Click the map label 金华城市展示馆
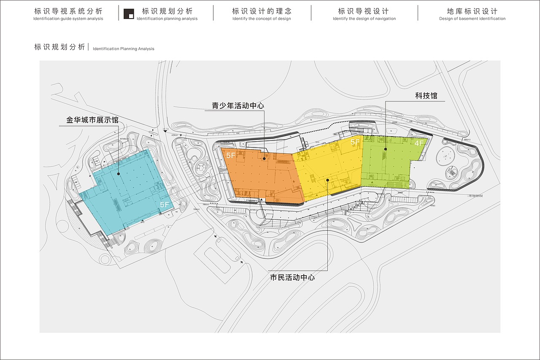pyautogui.click(x=92, y=120)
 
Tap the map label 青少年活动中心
pyautogui.click(x=238, y=105)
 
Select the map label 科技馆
pyautogui.click(x=426, y=96)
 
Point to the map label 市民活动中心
pyautogui.click(x=292, y=277)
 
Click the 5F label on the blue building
pyautogui.click(x=165, y=204)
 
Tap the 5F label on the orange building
pyautogui.click(x=231, y=155)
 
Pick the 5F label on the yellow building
pyautogui.click(x=355, y=142)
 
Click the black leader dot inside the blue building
pyautogui.click(x=119, y=173)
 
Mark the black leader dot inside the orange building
pyautogui.click(x=265, y=159)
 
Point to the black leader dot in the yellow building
pyautogui.click(x=328, y=180)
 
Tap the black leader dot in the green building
pyautogui.click(x=386, y=149)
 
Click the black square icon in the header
pyautogui.click(x=129, y=13)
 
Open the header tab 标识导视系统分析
pyautogui.click(x=68, y=11)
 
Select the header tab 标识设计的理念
pyautogui.click(x=262, y=11)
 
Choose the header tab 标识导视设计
pyautogui.click(x=364, y=11)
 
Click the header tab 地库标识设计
pyautogui.click(x=472, y=11)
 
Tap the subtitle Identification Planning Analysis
pyautogui.click(x=123, y=49)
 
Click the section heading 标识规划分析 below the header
pyautogui.click(x=59, y=47)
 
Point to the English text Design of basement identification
pyautogui.click(x=472, y=19)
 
